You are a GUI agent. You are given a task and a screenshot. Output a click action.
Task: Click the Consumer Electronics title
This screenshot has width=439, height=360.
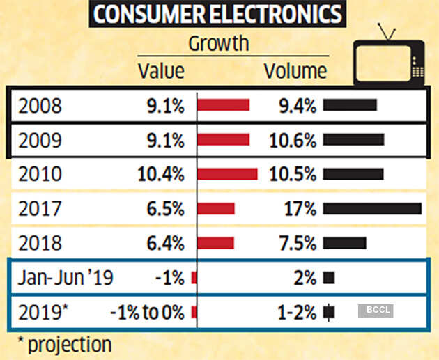pyautogui.click(x=217, y=15)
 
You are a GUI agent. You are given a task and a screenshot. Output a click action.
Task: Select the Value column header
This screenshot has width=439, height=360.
pyautogui.click(x=161, y=71)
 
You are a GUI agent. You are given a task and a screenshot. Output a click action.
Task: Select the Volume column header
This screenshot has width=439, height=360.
pyautogui.click(x=295, y=71)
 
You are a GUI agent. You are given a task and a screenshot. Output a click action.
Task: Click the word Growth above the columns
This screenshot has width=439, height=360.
pyautogui.click(x=218, y=44)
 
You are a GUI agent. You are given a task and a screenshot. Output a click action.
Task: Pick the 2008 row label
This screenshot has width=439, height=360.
pyautogui.click(x=40, y=107)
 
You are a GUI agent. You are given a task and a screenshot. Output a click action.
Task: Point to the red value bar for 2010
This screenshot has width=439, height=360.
pyautogui.click(x=228, y=174)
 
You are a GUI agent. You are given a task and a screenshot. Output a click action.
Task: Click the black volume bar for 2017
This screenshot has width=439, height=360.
pyautogui.click(x=372, y=208)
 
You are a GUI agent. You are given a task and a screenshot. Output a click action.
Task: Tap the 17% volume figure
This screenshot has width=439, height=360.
pyautogui.click(x=301, y=208)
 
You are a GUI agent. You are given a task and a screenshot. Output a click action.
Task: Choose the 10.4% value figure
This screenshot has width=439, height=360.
pyautogui.click(x=162, y=174)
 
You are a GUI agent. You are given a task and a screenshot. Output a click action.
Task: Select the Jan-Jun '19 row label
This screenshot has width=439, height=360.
pyautogui.click(x=66, y=278)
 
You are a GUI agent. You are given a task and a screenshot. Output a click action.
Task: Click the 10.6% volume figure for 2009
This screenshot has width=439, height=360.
pyautogui.click(x=293, y=141)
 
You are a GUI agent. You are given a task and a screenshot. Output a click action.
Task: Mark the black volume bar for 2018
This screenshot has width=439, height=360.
pyautogui.click(x=344, y=243)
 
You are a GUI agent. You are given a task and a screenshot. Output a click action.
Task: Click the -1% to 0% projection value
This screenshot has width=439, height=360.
pyautogui.click(x=147, y=313)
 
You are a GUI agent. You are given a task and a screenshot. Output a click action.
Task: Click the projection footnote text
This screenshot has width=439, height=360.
pyautogui.click(x=64, y=345)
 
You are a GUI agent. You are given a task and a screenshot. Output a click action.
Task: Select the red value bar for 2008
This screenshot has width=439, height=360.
pyautogui.click(x=224, y=106)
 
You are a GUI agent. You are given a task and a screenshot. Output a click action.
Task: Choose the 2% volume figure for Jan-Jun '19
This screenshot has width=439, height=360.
pyautogui.click(x=305, y=278)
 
